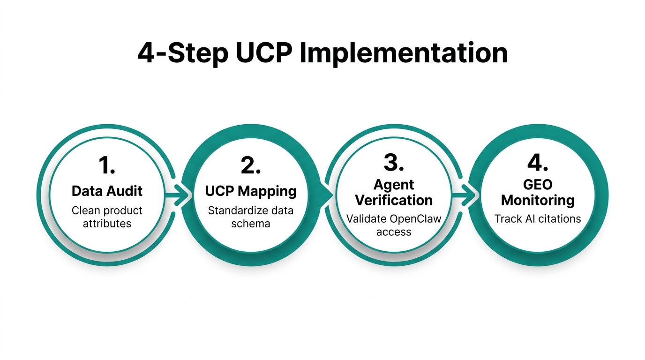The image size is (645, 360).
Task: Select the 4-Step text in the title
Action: (182, 53)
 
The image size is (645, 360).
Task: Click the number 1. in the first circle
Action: (107, 165)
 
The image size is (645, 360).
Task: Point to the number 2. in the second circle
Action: (251, 165)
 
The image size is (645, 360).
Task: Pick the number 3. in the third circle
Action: (394, 162)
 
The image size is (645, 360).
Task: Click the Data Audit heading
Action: (107, 191)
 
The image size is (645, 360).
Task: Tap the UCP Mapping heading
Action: (251, 191)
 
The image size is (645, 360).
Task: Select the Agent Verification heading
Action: (394, 192)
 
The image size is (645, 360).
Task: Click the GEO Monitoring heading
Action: (538, 192)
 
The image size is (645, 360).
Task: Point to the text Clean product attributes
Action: (107, 217)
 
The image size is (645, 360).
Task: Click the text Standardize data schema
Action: (251, 217)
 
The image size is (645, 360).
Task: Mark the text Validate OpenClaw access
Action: (394, 225)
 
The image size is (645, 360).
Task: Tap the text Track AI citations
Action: (538, 218)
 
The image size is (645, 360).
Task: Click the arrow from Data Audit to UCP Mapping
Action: (180, 196)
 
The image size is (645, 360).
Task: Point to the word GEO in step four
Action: (538, 185)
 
